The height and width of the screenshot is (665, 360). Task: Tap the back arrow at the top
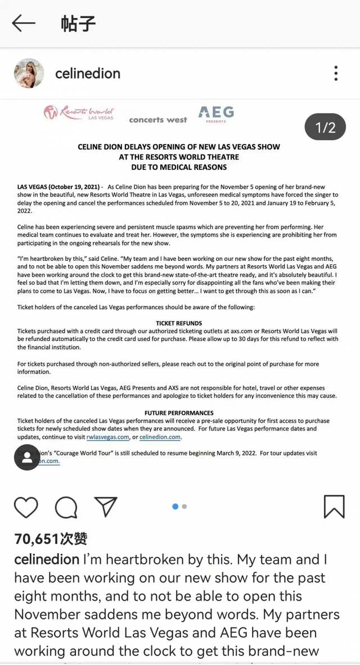click(x=24, y=23)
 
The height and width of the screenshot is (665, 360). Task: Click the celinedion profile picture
click(x=29, y=73)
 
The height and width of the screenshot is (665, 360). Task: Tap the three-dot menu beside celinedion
click(x=336, y=73)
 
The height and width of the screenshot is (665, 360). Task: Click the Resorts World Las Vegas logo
click(x=79, y=112)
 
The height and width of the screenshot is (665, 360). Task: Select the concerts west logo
click(x=158, y=120)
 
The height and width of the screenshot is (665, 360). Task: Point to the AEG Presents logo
click(x=216, y=114)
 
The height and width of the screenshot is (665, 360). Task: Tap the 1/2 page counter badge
click(x=325, y=128)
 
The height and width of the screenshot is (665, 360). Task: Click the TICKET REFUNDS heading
click(x=179, y=323)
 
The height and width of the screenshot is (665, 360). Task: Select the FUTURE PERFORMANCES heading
click(x=179, y=413)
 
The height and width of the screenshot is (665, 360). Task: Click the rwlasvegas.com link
click(x=107, y=437)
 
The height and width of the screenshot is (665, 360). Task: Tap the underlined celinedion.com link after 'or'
click(x=160, y=437)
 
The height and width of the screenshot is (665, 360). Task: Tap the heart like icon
click(x=26, y=507)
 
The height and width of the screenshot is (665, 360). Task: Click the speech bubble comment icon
click(x=66, y=508)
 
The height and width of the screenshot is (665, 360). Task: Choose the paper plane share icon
click(x=106, y=506)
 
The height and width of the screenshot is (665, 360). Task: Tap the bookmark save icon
click(x=334, y=506)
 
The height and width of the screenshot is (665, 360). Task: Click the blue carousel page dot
click(x=175, y=506)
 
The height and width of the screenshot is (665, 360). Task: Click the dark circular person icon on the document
click(x=27, y=457)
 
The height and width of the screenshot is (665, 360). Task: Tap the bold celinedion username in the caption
click(x=47, y=560)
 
